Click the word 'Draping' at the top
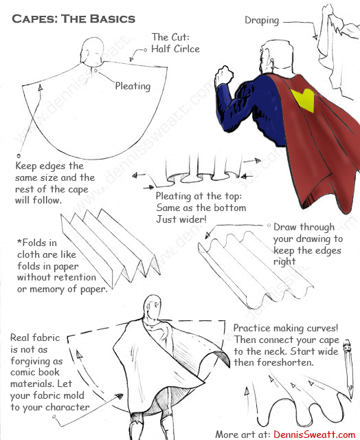click(262, 21)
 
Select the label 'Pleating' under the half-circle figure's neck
click(133, 86)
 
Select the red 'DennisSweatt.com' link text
click(315, 434)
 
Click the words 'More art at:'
click(243, 434)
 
